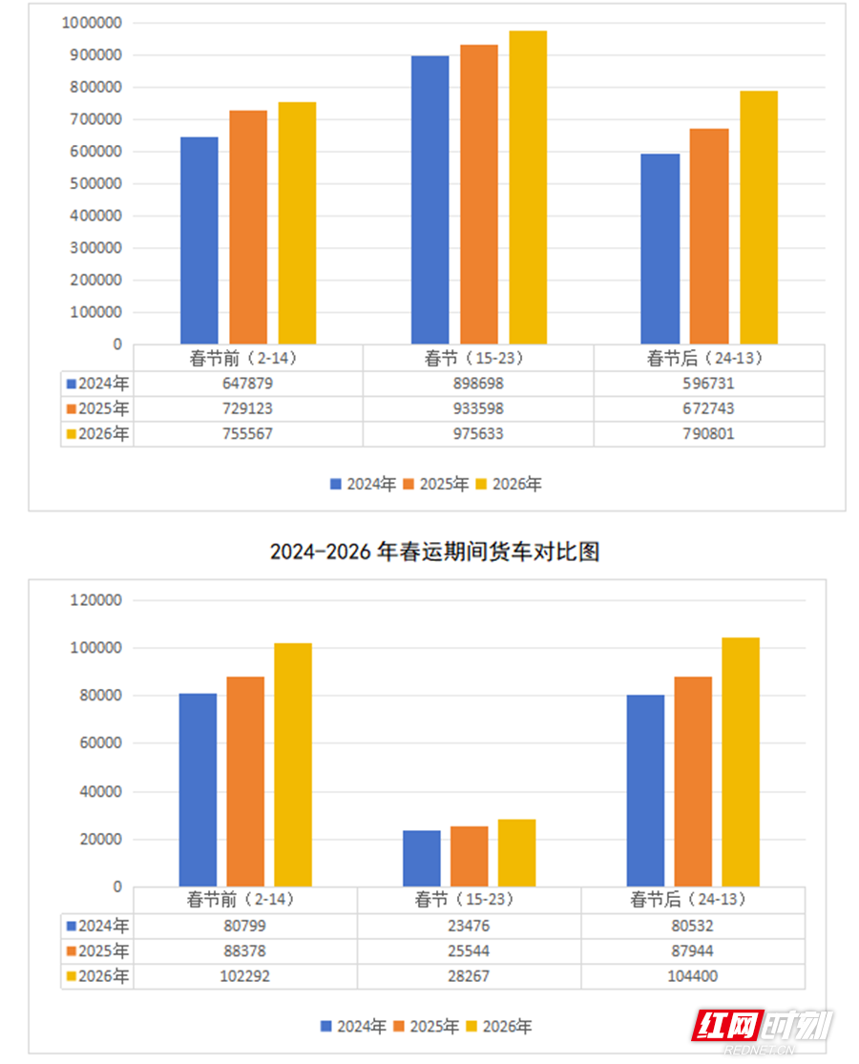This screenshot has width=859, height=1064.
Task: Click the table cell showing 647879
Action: [x=248, y=384]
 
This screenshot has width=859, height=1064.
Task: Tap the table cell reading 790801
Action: [x=709, y=434]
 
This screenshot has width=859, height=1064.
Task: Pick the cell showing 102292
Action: [x=245, y=976]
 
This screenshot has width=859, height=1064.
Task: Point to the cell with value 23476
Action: [x=470, y=926]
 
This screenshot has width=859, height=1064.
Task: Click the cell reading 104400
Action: [x=693, y=976]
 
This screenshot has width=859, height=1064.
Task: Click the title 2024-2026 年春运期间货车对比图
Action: [x=434, y=552]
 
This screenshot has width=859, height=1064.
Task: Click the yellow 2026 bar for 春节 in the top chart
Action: [x=528, y=187]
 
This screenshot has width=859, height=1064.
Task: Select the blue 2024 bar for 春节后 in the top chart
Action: [x=660, y=248]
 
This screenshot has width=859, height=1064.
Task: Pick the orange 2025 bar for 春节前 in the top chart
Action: [x=248, y=227]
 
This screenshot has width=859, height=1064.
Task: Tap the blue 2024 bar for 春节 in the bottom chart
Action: [x=422, y=858]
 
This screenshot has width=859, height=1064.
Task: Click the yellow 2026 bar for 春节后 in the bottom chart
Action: [x=741, y=761]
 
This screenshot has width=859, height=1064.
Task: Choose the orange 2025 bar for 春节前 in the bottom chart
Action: [x=245, y=782]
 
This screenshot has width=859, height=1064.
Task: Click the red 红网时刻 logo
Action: [x=763, y=1028]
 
